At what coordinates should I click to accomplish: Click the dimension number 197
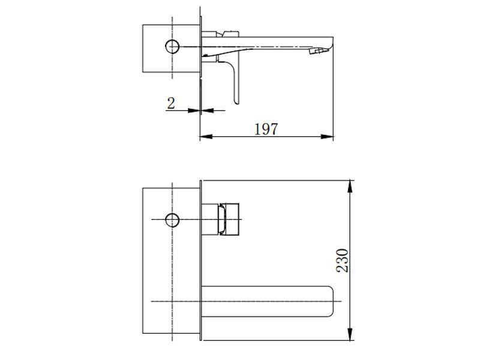266,129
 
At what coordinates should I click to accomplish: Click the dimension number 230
342,260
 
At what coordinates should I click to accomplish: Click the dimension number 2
171,103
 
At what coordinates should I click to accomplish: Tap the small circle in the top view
172,47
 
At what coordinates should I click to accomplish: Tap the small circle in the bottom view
172,220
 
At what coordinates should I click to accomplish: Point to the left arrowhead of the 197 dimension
206,137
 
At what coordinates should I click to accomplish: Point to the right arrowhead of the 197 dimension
327,137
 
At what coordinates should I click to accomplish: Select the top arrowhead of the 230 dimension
350,187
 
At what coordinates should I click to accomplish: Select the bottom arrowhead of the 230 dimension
350,334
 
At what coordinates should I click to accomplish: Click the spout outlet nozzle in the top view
316,51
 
